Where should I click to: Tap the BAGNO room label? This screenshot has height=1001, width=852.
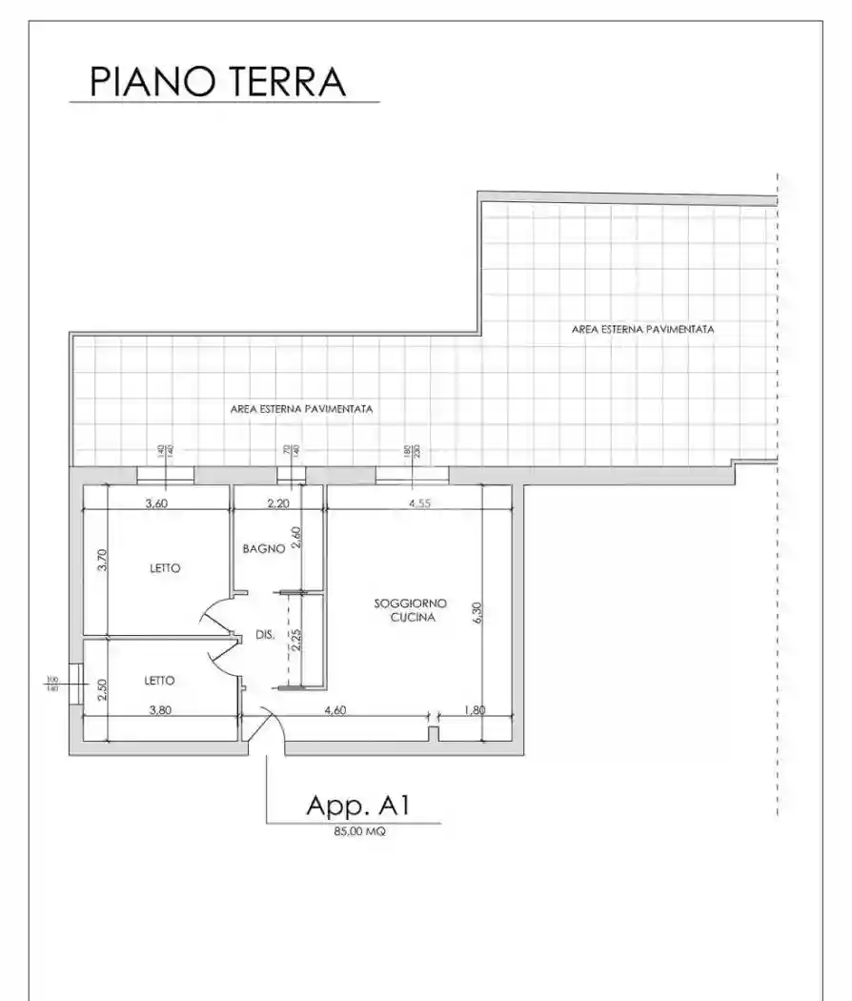[261, 549]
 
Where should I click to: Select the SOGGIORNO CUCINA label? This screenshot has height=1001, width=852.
[412, 610]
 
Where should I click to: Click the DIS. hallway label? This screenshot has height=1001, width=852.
[265, 636]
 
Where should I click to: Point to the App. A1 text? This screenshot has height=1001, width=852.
[357, 806]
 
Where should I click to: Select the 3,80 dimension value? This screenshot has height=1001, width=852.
[158, 710]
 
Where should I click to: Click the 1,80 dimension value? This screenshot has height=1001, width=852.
[474, 710]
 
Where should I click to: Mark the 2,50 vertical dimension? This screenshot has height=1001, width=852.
[103, 688]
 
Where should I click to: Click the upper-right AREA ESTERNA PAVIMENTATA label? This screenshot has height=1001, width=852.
[643, 329]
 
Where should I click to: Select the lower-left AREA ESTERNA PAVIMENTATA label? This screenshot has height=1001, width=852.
[301, 408]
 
